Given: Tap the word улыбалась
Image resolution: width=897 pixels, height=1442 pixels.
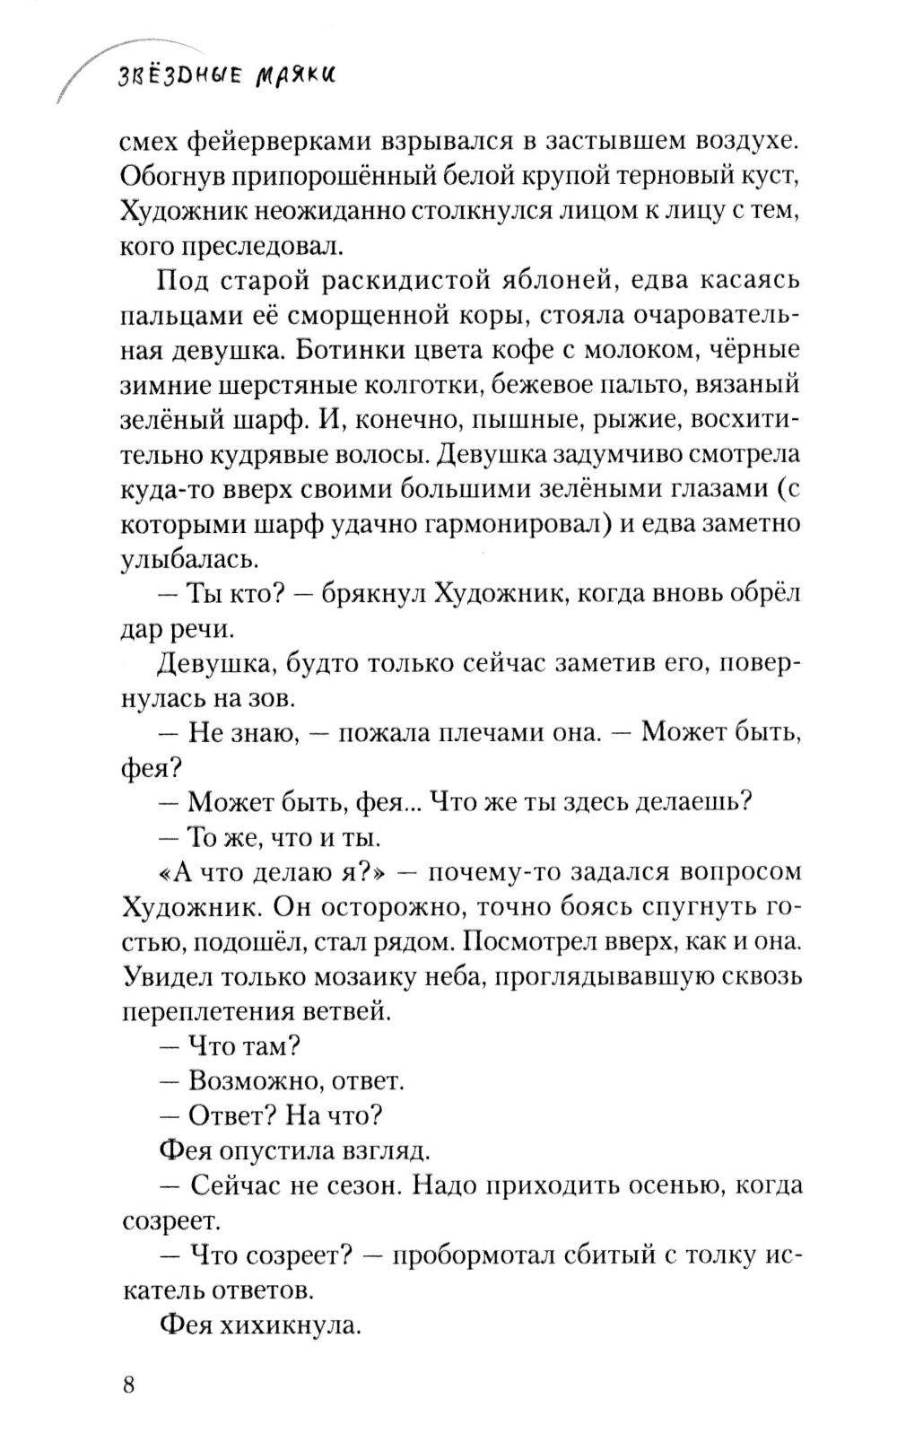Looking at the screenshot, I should [x=190, y=560].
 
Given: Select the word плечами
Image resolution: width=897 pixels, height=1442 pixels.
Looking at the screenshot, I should [x=492, y=733].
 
